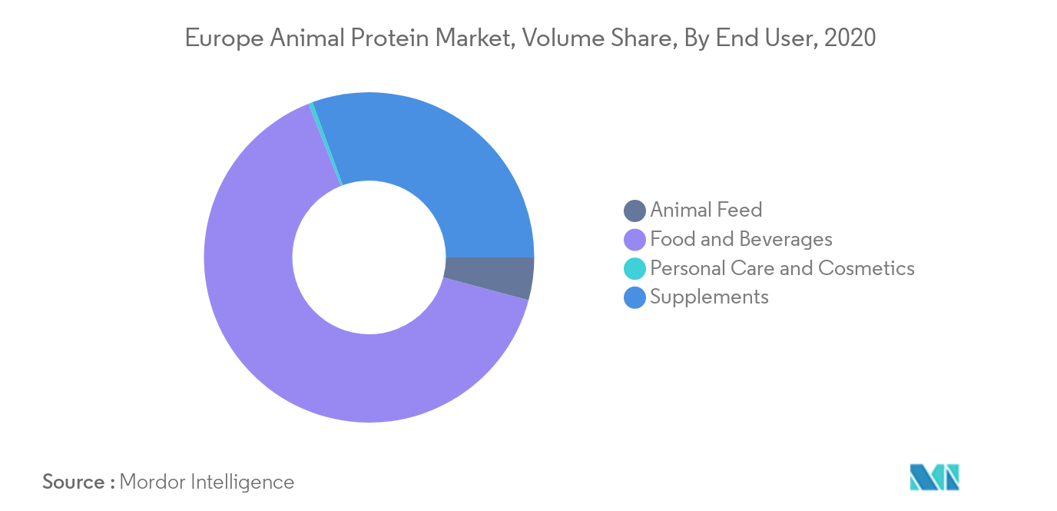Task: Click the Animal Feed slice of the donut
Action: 489,277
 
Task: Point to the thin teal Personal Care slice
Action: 326,144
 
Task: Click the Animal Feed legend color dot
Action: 635,211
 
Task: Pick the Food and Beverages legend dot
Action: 635,240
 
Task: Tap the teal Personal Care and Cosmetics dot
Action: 635,268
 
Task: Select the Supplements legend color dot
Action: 635,297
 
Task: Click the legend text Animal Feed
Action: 706,210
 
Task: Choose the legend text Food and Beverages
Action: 741,239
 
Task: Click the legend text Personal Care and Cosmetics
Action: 782,268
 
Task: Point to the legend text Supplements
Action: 709,297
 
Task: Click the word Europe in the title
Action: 224,38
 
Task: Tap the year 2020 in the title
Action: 850,38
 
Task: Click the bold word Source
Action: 74,483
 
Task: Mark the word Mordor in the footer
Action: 152,483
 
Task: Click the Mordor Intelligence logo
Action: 934,477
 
